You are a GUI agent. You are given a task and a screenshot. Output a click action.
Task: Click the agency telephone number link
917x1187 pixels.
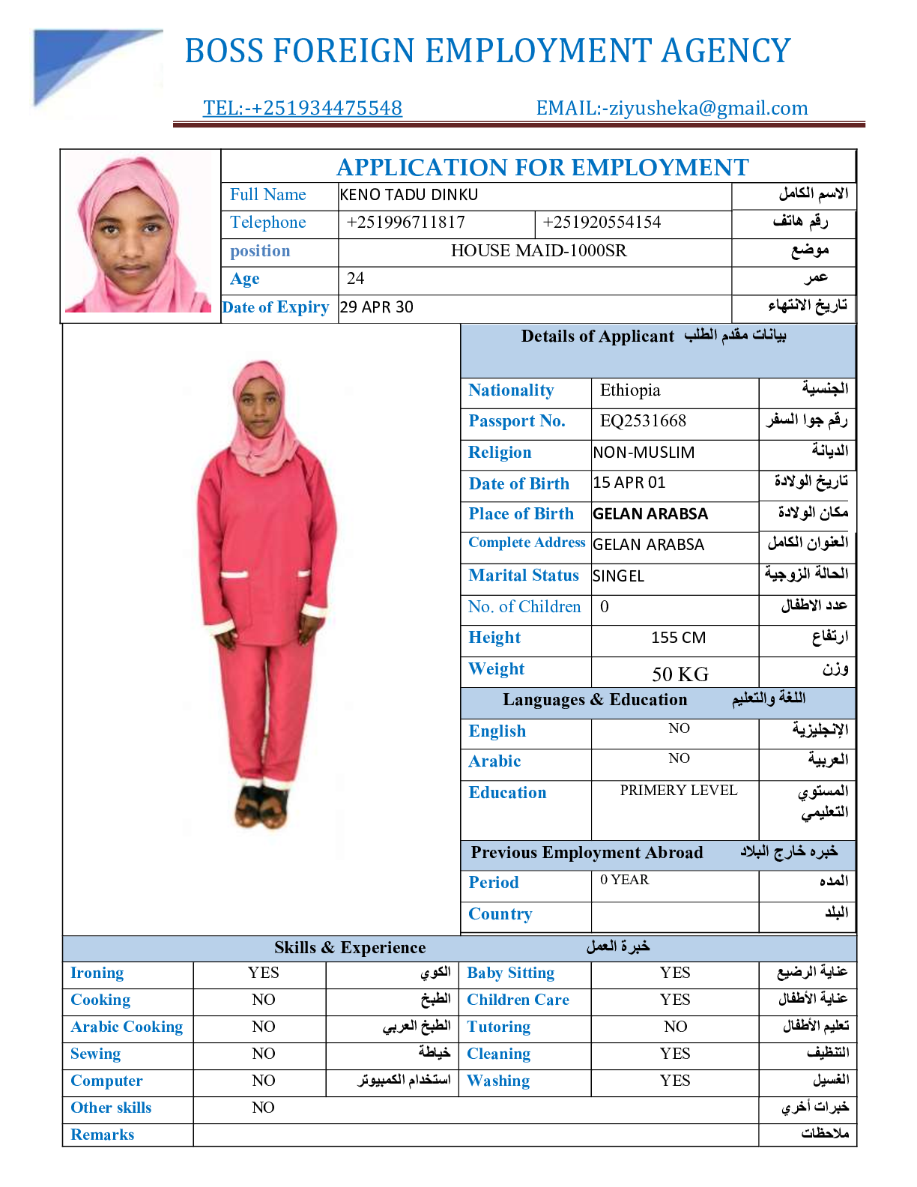click(303, 108)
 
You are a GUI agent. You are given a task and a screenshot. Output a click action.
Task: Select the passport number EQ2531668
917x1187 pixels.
click(643, 421)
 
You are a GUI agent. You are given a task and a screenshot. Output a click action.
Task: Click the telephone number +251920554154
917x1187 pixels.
click(602, 223)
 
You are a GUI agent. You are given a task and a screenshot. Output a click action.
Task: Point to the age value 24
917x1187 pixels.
click(355, 279)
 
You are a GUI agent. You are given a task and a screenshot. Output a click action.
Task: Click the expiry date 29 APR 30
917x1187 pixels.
click(376, 307)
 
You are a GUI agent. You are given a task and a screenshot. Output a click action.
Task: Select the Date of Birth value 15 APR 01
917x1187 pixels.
click(629, 483)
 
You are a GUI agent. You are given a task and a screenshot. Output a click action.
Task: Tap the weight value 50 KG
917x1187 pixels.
click(680, 674)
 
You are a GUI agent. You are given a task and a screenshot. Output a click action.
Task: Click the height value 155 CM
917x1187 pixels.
click(678, 638)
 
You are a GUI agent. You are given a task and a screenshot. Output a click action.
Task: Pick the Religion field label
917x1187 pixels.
click(500, 453)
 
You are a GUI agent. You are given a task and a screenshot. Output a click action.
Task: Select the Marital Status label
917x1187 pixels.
click(524, 576)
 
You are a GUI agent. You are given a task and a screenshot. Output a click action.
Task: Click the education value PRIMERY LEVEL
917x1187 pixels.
click(679, 791)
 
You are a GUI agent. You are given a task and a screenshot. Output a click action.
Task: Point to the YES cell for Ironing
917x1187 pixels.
click(263, 973)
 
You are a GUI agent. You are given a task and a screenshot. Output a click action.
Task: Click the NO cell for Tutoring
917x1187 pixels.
click(675, 1027)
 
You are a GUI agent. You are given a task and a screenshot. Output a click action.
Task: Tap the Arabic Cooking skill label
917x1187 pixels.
click(127, 1027)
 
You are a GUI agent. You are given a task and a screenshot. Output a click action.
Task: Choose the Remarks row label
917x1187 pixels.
click(103, 1135)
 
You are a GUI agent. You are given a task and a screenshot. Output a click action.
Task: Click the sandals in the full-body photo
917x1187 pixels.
click(261, 806)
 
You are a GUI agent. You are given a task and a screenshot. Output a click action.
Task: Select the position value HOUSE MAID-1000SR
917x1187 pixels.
click(539, 251)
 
